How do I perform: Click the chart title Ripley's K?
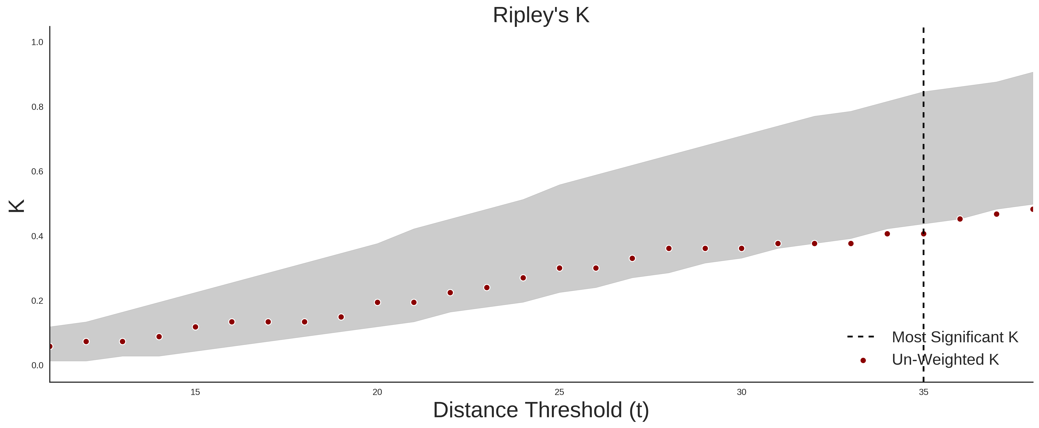pos(541,15)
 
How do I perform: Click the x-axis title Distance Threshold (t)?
pos(541,410)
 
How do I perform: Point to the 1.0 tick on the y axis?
pos(37,42)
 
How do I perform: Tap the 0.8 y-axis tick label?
pos(37,107)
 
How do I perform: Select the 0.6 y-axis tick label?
pos(37,172)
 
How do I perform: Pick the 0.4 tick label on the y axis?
pos(37,236)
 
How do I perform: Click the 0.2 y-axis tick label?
pos(37,301)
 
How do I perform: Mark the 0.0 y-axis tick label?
pos(37,365)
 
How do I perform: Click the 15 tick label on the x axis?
pos(195,392)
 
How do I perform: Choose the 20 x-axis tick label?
pos(377,392)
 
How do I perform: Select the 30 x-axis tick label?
pos(741,392)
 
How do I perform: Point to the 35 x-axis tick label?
pos(924,392)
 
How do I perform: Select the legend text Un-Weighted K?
pos(945,359)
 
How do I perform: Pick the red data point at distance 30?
pos(741,248)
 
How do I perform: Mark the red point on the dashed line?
pos(924,234)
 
